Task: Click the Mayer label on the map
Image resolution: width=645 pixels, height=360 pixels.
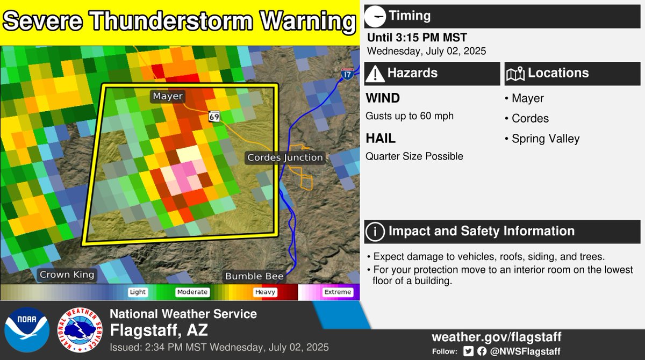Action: (168, 97)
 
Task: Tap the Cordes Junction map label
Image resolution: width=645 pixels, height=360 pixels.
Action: (285, 157)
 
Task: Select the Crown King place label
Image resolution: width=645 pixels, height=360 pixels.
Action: (67, 275)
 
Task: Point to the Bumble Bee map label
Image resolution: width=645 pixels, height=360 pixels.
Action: (254, 276)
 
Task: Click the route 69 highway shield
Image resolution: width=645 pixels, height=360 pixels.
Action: (214, 116)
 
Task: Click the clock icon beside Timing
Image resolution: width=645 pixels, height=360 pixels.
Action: (375, 16)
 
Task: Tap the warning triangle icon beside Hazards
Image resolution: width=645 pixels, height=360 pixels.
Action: (375, 73)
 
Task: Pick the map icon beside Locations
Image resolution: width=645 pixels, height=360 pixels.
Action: (515, 73)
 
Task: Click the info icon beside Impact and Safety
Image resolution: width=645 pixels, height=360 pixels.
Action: (375, 232)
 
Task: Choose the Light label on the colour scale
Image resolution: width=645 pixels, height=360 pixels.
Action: (138, 292)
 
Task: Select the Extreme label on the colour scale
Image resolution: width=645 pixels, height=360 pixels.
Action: (338, 292)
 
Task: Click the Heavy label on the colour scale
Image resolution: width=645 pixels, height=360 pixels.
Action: (266, 292)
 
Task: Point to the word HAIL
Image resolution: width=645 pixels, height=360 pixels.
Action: (381, 139)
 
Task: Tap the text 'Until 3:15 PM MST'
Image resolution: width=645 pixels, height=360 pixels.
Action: (417, 38)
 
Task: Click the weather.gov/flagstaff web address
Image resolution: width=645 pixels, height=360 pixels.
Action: (496, 337)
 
